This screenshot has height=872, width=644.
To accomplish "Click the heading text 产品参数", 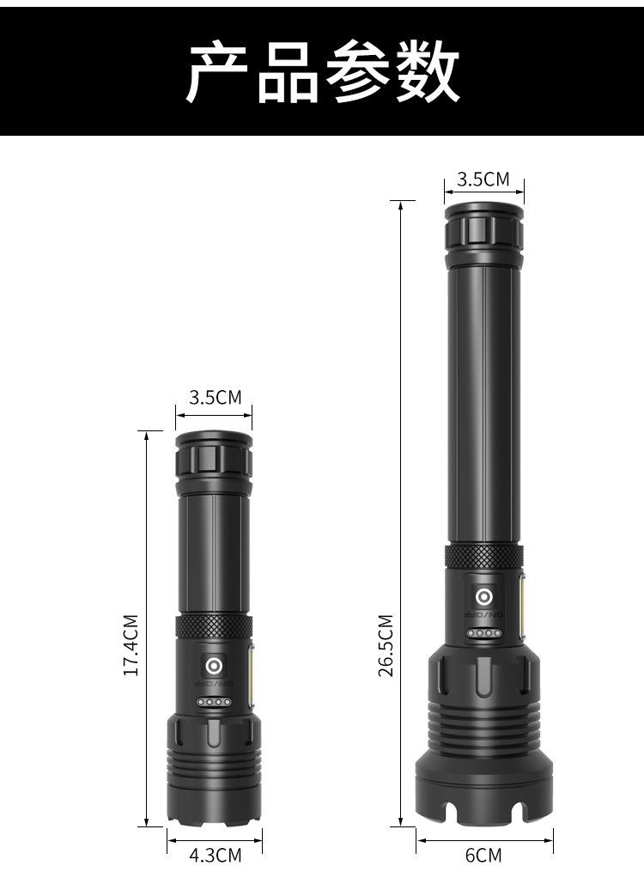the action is click(322, 72).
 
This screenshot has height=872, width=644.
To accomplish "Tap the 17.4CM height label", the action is click(130, 645).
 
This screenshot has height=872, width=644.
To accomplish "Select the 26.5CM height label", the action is click(386, 645).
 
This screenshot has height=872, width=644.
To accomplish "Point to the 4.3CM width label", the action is click(216, 855).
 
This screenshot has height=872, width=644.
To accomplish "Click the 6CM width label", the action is click(483, 855).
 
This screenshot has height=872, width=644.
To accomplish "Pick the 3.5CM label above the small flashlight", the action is click(215, 397).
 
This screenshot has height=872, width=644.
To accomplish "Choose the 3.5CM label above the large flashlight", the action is click(483, 179).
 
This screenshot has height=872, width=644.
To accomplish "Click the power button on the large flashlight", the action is click(484, 597).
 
